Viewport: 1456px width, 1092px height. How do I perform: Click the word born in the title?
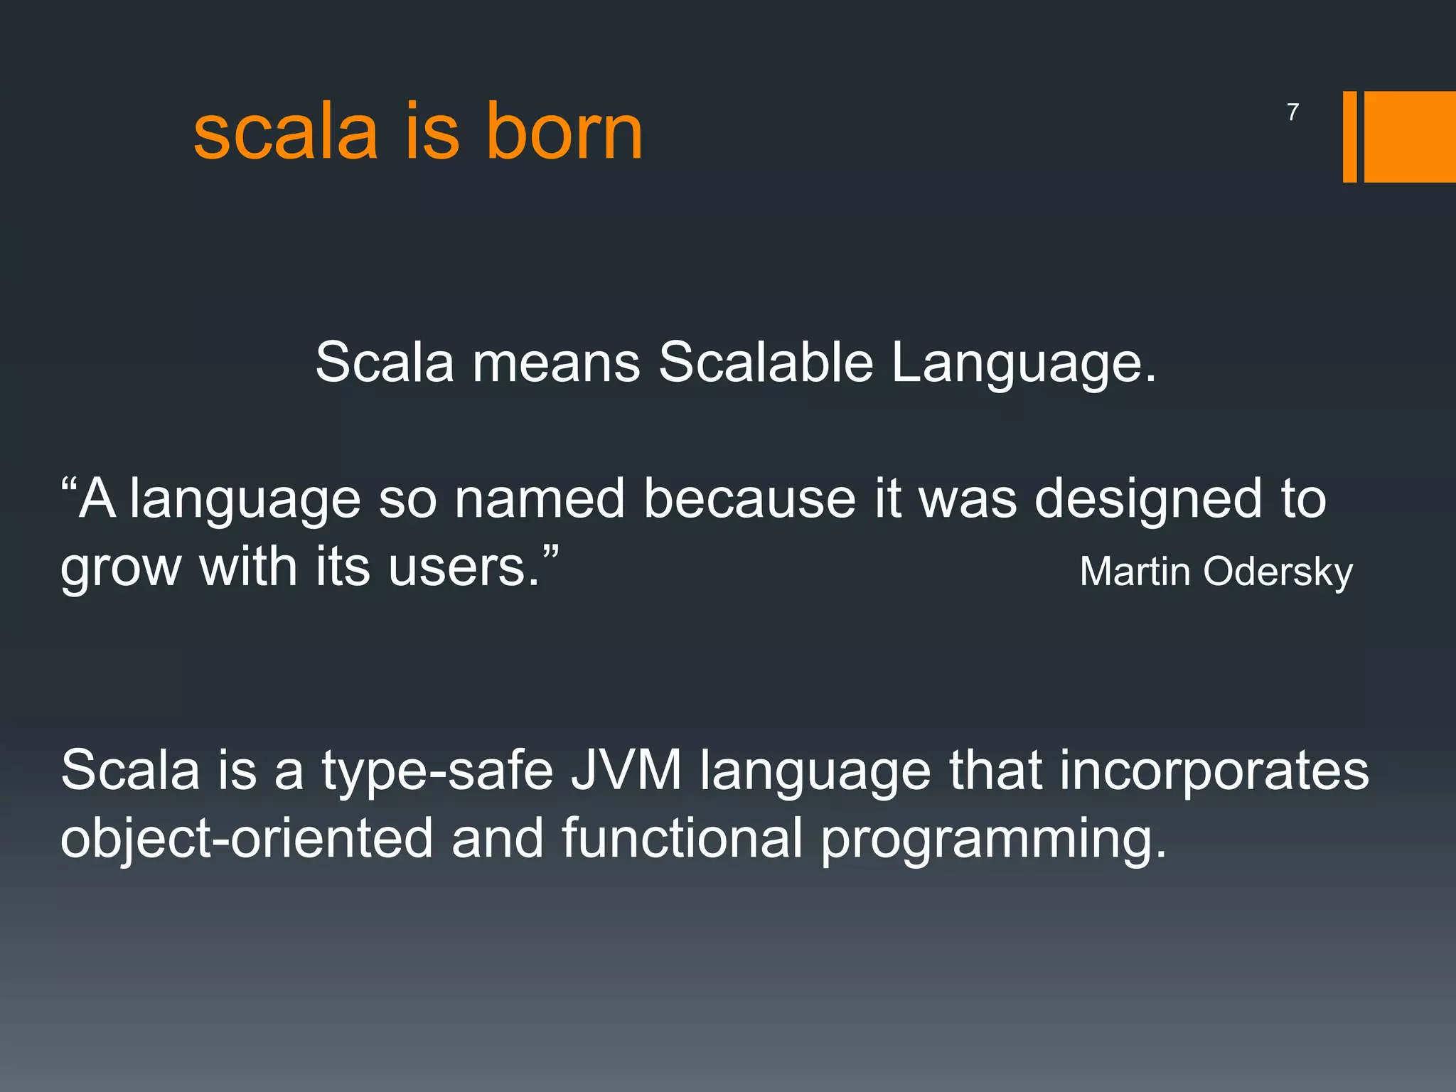(x=564, y=132)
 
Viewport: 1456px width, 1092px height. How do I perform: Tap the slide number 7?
(x=1292, y=112)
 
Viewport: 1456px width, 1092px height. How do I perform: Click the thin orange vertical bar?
(x=1349, y=136)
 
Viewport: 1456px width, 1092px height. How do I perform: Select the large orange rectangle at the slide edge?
(x=1410, y=136)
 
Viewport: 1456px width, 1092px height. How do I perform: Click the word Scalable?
(x=766, y=362)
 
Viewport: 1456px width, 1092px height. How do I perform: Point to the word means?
(x=557, y=363)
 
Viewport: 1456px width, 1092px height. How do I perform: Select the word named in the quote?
(x=540, y=498)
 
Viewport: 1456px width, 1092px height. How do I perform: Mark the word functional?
(x=682, y=837)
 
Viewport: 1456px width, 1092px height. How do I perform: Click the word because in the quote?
(x=749, y=498)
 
